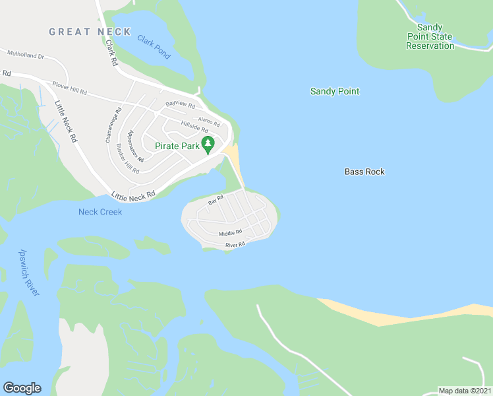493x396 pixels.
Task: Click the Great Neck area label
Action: coord(90,32)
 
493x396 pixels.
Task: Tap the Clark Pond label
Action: coord(154,47)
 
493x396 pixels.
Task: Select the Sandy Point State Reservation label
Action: coord(430,36)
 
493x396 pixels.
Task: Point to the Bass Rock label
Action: coord(364,172)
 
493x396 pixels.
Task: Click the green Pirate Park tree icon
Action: coord(208,145)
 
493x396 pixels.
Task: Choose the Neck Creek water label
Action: coord(100,211)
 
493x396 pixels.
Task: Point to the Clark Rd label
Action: coord(111,53)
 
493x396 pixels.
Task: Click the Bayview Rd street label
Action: coord(180,105)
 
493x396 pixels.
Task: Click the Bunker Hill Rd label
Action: coord(127,158)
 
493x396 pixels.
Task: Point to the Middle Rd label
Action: coord(231,232)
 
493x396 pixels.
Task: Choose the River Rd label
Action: coord(235,244)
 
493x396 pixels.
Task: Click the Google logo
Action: coord(22,388)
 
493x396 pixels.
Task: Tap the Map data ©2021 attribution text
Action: coord(465,391)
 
